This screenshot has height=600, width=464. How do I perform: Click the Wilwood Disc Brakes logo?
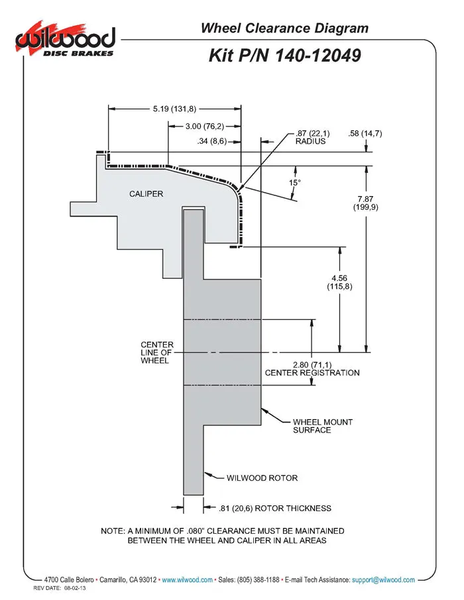click(x=65, y=40)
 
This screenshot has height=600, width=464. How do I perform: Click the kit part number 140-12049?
click(x=318, y=56)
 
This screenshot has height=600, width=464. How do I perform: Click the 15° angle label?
click(x=295, y=183)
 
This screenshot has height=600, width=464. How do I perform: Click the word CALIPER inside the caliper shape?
click(x=146, y=194)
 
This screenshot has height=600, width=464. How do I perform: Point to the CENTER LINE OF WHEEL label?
click(x=156, y=352)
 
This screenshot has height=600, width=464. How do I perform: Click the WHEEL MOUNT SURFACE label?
click(x=323, y=426)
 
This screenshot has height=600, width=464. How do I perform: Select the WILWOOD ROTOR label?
click(x=262, y=478)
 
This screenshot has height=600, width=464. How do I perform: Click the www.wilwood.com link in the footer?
click(x=188, y=579)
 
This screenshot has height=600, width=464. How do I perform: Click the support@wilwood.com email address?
click(x=383, y=579)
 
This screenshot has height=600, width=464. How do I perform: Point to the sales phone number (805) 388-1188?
click(x=259, y=579)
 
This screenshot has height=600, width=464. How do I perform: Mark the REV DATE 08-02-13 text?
click(x=60, y=588)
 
